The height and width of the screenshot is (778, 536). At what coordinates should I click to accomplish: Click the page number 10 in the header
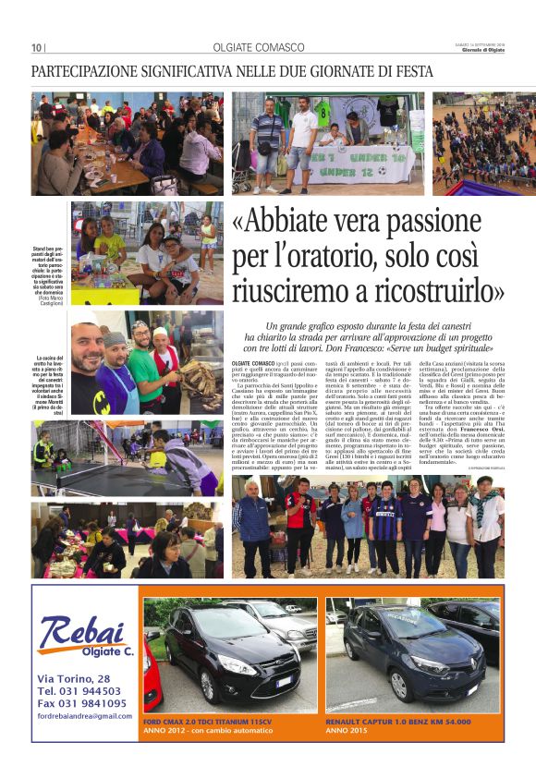point(37,48)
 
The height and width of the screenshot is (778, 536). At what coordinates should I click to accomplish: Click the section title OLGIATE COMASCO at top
point(258,47)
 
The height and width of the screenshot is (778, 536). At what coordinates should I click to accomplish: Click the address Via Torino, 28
point(74,679)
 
